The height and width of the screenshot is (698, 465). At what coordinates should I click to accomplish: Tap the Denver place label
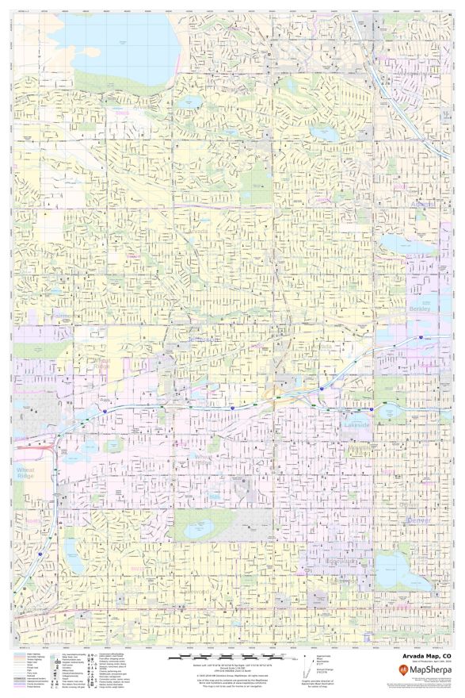coord(417,520)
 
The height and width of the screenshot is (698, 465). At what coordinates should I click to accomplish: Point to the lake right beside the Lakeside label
coord(388,412)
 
